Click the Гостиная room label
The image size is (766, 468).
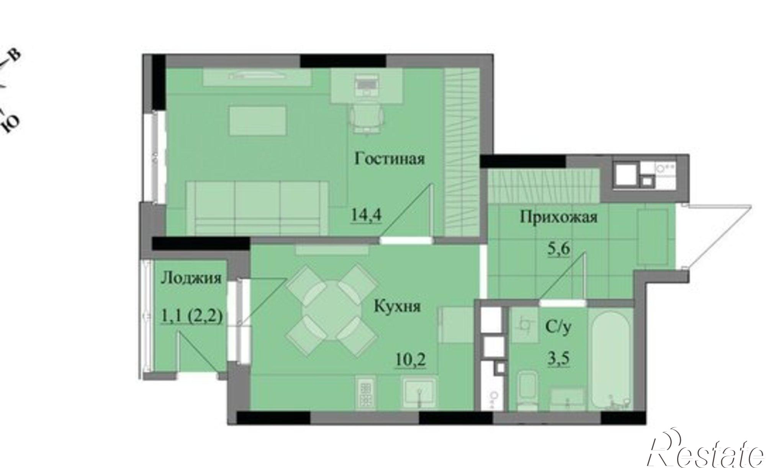390,158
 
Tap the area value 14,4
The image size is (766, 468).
367,215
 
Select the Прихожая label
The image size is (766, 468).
558,217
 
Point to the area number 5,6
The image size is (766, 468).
559,249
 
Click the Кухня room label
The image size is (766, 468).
397,306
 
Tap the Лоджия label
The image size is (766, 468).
191,278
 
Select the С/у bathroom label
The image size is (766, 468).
558,327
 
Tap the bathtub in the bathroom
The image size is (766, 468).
611,360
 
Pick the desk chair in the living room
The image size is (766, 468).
367,119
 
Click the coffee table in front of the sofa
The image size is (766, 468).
258,121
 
